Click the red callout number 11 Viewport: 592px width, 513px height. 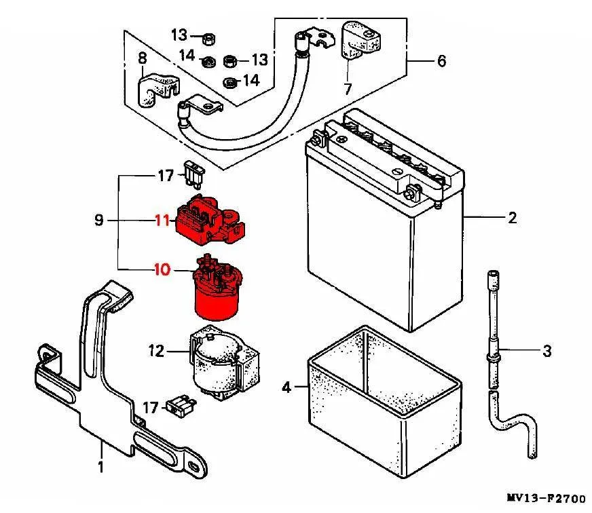(x=162, y=220)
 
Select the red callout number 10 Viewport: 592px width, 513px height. (x=163, y=269)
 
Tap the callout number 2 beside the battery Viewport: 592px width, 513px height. (x=512, y=218)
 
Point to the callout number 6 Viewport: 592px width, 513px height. (x=441, y=61)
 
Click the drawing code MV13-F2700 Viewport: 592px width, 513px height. (x=546, y=499)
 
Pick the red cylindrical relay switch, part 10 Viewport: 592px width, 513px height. (x=217, y=288)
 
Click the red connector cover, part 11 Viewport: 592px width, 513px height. (x=210, y=219)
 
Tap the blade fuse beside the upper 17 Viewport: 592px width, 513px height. (x=194, y=174)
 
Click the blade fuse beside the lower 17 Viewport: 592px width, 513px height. (x=181, y=406)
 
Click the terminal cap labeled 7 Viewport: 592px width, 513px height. (x=360, y=41)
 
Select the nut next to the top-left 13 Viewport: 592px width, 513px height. (x=209, y=39)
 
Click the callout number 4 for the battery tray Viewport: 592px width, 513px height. (x=287, y=387)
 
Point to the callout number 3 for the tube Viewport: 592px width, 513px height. (x=547, y=351)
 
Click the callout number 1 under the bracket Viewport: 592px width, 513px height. (x=100, y=467)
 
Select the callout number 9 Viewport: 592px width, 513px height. (x=99, y=220)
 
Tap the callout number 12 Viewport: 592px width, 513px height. (x=156, y=351)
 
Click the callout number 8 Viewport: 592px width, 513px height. (x=143, y=59)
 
